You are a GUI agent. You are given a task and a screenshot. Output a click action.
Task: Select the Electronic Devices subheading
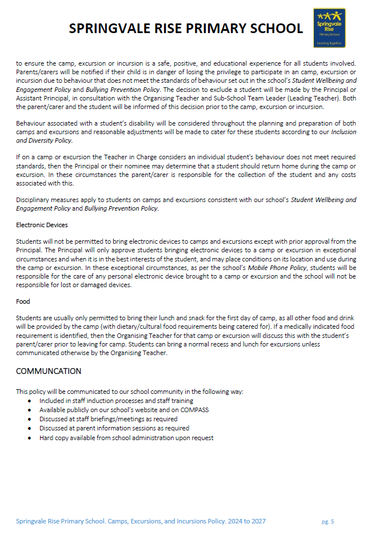(42, 225)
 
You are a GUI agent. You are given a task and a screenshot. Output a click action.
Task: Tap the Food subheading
(23, 301)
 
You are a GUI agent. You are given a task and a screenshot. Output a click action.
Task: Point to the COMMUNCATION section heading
(49, 371)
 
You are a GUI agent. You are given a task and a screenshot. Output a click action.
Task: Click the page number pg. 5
(328, 521)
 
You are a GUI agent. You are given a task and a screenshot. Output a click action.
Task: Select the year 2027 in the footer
(256, 521)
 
